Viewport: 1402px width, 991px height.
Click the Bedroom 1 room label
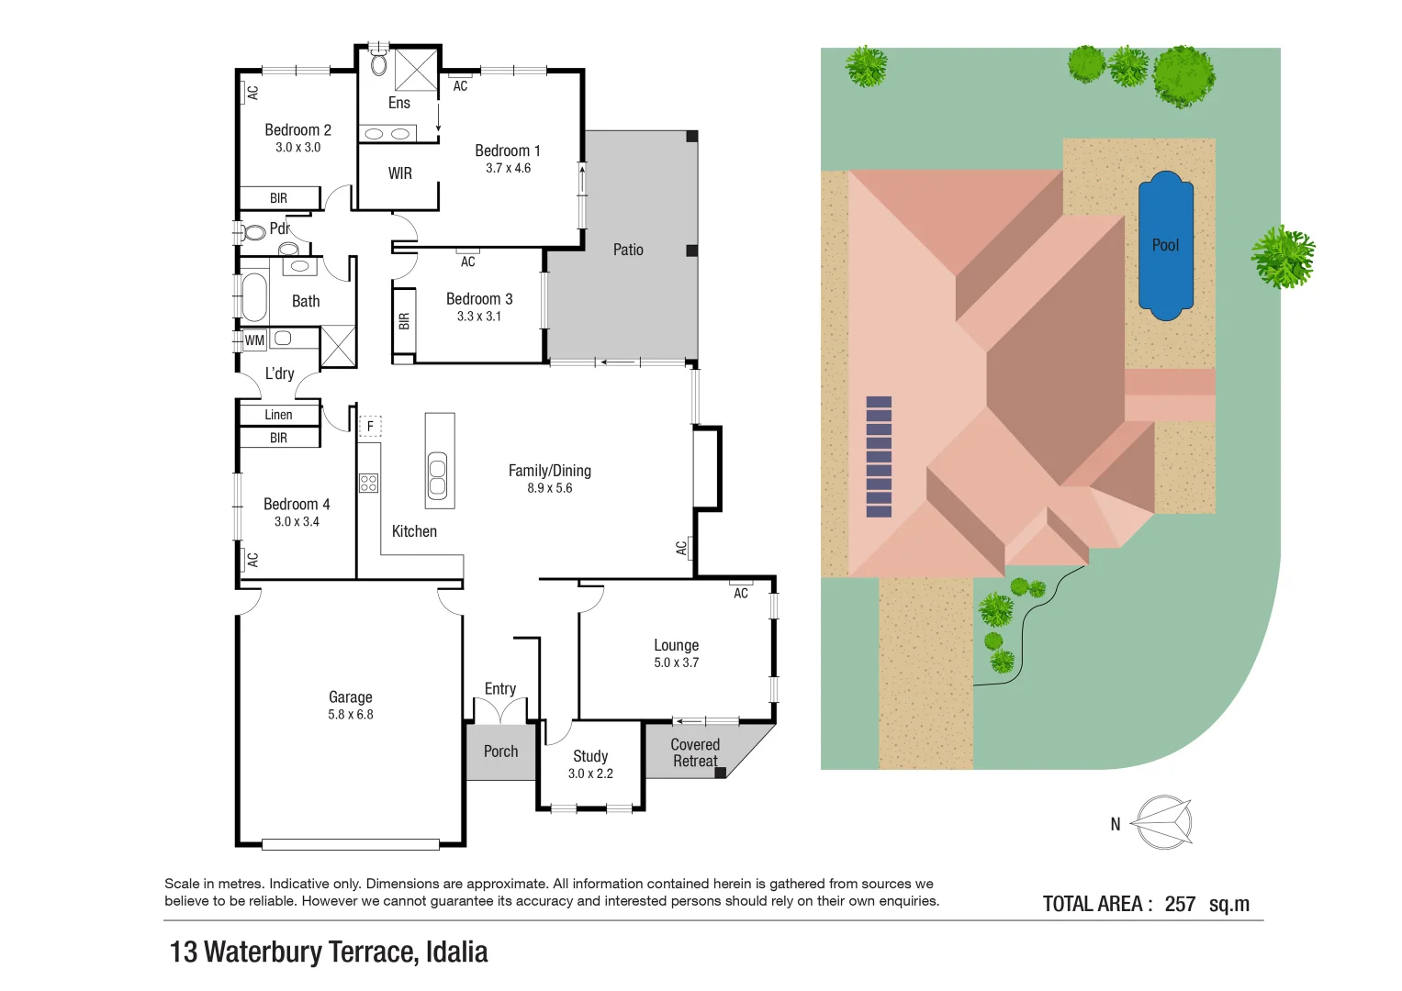pyautogui.click(x=507, y=150)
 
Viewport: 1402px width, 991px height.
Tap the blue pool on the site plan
pyautogui.click(x=1165, y=246)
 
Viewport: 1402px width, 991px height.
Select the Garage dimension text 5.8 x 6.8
pyautogui.click(x=351, y=715)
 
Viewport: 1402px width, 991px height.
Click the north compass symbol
pyautogui.click(x=1162, y=822)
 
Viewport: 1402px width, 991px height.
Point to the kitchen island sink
pyautogui.click(x=438, y=476)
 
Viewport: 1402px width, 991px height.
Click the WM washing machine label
pyautogui.click(x=254, y=340)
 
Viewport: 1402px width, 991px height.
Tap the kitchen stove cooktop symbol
pyautogui.click(x=368, y=483)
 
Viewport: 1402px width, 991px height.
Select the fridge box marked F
pyautogui.click(x=370, y=427)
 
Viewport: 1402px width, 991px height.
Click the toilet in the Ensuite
pyautogui.click(x=378, y=63)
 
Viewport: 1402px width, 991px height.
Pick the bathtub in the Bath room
pyautogui.click(x=254, y=297)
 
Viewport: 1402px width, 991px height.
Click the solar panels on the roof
pyautogui.click(x=879, y=457)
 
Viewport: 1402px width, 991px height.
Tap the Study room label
pyautogui.click(x=590, y=756)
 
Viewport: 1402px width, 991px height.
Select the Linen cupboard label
pyautogui.click(x=278, y=415)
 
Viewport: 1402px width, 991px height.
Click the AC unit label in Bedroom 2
pyautogui.click(x=252, y=93)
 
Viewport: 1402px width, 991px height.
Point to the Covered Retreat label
pyautogui.click(x=695, y=752)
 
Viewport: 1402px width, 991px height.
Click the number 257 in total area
pyautogui.click(x=1180, y=904)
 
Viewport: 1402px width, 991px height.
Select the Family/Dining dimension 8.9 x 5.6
pyautogui.click(x=549, y=488)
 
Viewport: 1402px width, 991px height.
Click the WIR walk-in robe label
pyautogui.click(x=399, y=173)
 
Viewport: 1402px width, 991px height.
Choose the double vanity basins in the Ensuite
pyautogui.click(x=387, y=134)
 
